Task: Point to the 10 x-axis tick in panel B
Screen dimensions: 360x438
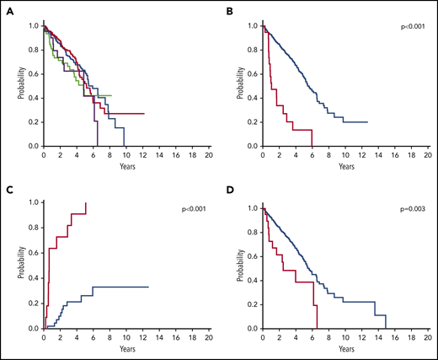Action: click(x=346, y=155)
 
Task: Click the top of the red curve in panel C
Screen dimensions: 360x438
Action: click(x=86, y=204)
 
